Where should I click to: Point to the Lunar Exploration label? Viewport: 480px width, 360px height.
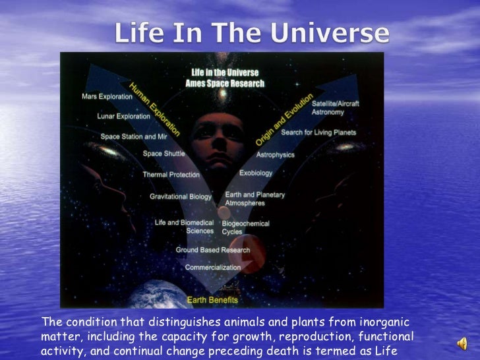pyautogui.click(x=123, y=116)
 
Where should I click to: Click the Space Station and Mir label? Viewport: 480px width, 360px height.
pyautogui.click(x=133, y=136)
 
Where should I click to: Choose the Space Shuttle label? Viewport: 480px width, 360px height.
pyautogui.click(x=164, y=154)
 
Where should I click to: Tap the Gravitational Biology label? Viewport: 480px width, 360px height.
pyautogui.click(x=180, y=196)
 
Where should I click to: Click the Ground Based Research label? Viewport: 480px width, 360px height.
pyautogui.click(x=212, y=250)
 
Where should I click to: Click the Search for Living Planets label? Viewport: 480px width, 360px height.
pyautogui.click(x=318, y=133)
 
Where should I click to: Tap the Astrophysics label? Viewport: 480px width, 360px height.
pyautogui.click(x=275, y=154)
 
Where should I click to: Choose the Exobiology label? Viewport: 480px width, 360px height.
pyautogui.click(x=255, y=173)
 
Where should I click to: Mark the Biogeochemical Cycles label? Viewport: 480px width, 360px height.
pyautogui.click(x=245, y=227)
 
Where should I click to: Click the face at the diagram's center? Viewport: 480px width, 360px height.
pyautogui.click(x=215, y=135)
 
